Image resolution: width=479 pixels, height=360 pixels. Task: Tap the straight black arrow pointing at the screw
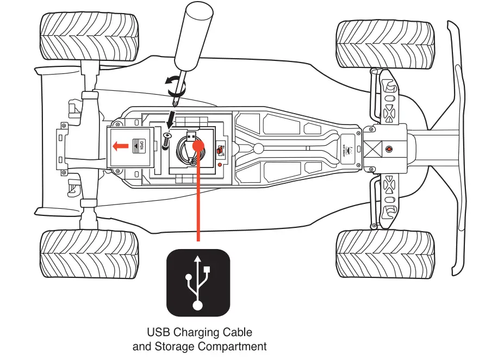[x=171, y=117]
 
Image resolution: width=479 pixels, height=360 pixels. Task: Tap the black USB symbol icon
[x=198, y=283]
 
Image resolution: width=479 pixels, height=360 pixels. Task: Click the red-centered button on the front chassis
[x=388, y=148]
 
